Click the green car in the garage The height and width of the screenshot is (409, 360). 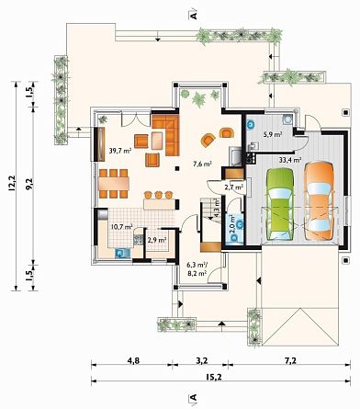280,204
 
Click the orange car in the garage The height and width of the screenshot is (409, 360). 319,200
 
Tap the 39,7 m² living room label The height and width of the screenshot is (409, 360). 120,150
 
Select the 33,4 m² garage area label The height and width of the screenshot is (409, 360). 290,159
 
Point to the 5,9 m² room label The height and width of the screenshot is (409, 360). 273,134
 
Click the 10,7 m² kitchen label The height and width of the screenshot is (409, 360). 122,227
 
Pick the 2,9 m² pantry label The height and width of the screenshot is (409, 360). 157,240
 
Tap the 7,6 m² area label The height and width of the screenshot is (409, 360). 202,165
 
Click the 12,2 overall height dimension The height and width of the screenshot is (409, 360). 12,184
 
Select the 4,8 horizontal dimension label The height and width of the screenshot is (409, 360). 133,360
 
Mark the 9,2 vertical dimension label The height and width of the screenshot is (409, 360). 29,184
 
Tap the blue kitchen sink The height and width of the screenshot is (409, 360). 122,253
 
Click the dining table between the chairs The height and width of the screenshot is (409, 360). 114,184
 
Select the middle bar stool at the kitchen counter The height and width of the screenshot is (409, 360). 158,195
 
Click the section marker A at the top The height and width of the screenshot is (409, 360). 193,15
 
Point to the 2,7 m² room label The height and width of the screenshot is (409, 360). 234,187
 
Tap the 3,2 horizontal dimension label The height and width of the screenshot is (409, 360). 201,360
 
